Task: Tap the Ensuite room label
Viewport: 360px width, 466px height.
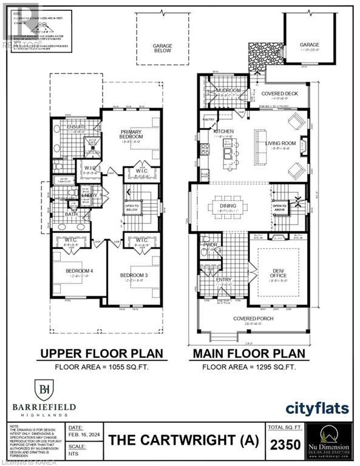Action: [x=76, y=126]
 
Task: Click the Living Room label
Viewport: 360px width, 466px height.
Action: [x=279, y=143]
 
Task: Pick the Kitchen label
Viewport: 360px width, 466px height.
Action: [x=223, y=131]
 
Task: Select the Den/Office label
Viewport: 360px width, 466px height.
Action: [x=279, y=272]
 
